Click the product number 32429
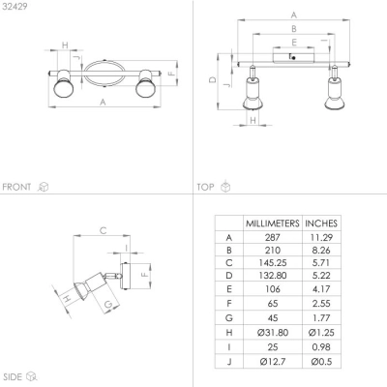coord(15,7)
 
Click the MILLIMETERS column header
coord(273,223)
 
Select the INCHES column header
coord(321,223)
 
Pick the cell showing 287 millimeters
coord(273,238)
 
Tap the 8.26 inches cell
coord(321,251)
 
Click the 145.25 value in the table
coord(273,263)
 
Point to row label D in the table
coord(229,276)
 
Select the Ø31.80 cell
coord(273,333)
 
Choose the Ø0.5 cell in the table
coord(321,362)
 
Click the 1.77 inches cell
coord(321,318)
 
